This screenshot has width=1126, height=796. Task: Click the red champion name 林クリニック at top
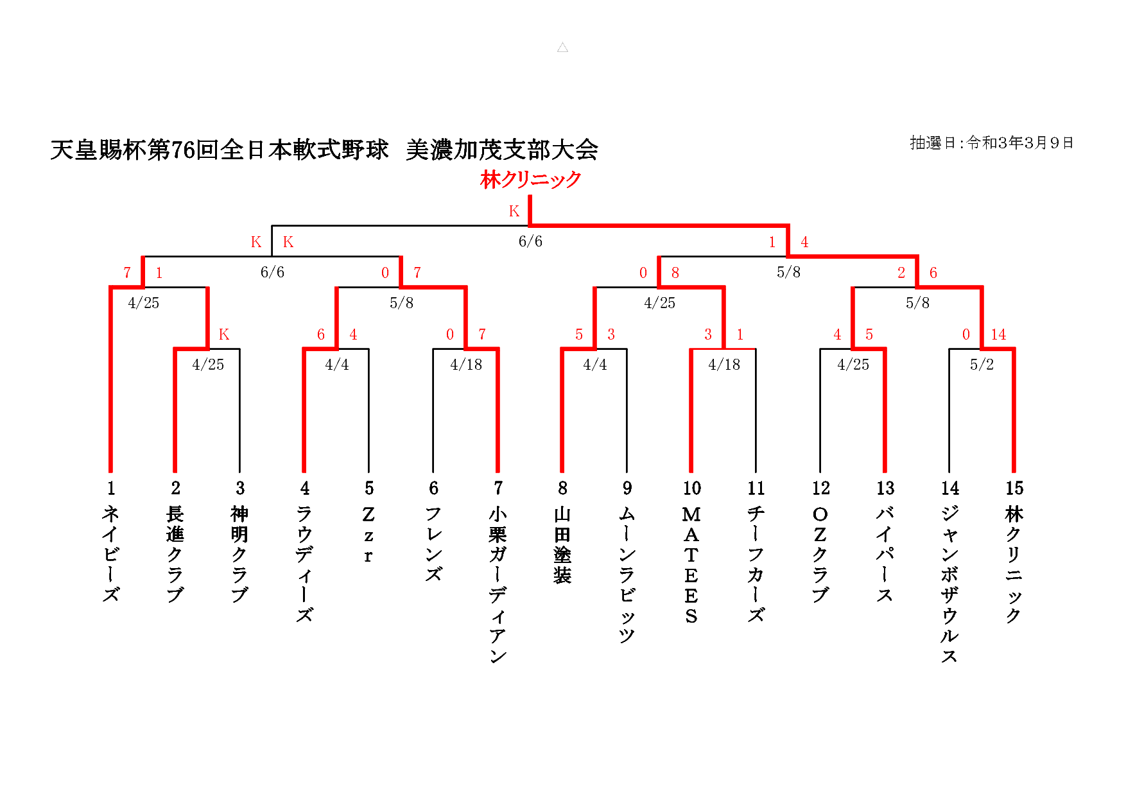[x=530, y=180]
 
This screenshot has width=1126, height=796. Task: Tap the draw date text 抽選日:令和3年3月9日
[x=991, y=143]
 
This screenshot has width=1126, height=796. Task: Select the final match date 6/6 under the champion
[x=530, y=241]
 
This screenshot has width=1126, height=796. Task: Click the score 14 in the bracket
[x=998, y=334]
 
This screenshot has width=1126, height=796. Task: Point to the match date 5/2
[x=982, y=365]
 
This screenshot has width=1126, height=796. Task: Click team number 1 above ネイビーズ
[x=111, y=489]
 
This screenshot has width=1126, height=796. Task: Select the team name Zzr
[x=368, y=535]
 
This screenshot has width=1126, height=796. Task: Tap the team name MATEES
[x=691, y=565]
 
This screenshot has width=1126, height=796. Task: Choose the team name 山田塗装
[x=562, y=545]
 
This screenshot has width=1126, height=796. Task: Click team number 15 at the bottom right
[x=1014, y=489]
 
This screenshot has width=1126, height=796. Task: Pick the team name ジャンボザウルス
[x=950, y=584]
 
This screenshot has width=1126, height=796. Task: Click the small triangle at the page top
[x=563, y=48]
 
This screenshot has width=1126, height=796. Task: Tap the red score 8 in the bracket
[x=675, y=273]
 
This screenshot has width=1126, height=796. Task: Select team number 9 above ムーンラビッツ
[x=627, y=489]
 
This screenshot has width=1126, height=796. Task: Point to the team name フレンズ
[x=433, y=544]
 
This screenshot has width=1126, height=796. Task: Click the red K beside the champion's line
[x=514, y=211]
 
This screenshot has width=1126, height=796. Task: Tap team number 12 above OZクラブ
[x=820, y=489]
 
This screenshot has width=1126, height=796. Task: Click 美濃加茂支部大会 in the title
[x=502, y=150]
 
